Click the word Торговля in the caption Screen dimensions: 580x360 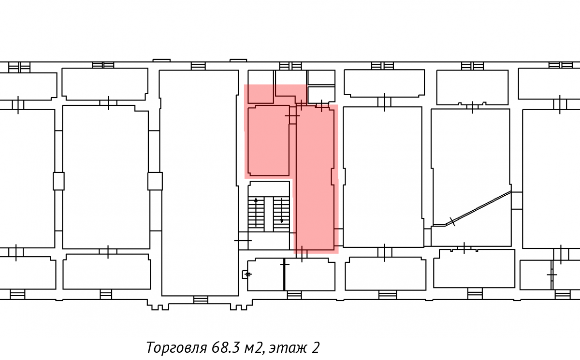176,347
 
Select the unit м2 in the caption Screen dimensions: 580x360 254,348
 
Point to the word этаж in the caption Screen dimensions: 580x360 287,348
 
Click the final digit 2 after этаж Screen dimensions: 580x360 315,347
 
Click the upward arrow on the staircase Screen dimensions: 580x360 256,212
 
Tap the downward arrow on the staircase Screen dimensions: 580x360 282,211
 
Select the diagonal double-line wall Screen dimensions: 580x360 472,208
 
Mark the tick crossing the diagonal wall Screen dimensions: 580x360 452,221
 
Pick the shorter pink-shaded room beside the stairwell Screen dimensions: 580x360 269,141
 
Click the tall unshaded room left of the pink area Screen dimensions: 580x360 199,183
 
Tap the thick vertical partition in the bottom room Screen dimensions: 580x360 284,274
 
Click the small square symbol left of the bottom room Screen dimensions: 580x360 245,274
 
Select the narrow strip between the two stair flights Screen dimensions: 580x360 269,214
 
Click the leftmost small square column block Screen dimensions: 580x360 59,181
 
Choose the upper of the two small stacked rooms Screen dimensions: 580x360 321,77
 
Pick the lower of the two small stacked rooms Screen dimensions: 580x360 321,94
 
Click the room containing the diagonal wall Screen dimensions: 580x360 471,177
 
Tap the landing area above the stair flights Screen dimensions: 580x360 269,189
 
